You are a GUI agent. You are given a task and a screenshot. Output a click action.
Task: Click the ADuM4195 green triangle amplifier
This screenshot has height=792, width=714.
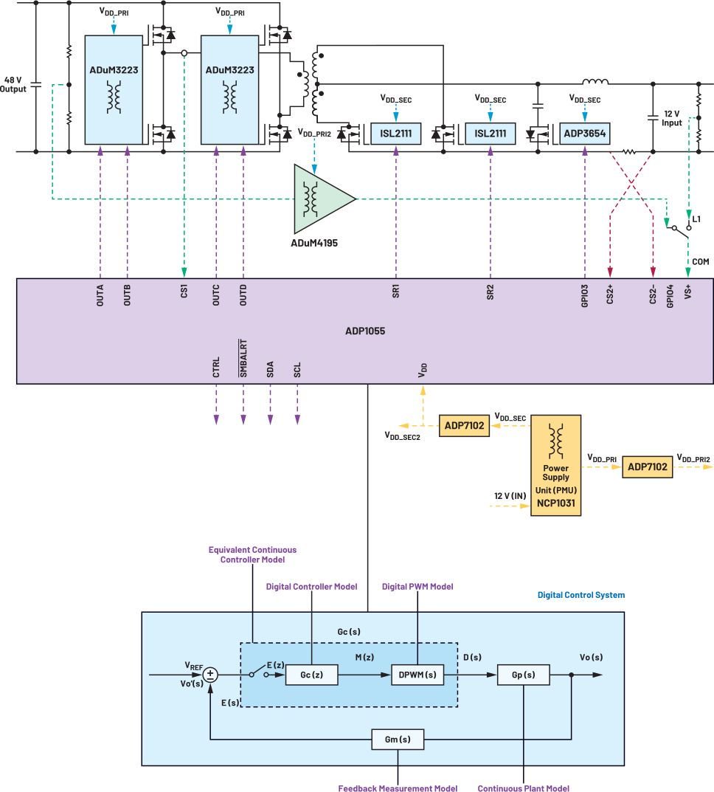321,198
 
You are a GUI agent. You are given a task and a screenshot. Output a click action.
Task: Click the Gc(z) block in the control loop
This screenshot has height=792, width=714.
310,675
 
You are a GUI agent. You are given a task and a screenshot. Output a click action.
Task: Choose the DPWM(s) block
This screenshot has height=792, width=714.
417,675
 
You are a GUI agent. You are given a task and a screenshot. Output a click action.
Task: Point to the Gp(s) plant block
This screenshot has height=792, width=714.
523,675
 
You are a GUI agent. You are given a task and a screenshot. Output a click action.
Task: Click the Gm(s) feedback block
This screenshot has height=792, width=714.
398,740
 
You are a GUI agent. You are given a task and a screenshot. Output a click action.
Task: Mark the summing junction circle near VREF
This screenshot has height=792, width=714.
211,675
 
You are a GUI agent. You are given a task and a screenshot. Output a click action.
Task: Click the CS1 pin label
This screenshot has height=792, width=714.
184,292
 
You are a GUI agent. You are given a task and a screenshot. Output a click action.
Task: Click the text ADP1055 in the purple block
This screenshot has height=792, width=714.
365,331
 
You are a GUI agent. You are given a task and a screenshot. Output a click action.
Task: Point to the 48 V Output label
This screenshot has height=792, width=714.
15,84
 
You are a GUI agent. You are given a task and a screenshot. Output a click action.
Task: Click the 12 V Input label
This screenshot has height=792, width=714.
672,118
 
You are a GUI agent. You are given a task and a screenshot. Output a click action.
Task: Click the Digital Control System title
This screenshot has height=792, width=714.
580,595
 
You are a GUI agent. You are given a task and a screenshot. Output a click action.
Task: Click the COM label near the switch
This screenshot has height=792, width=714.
699,261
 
